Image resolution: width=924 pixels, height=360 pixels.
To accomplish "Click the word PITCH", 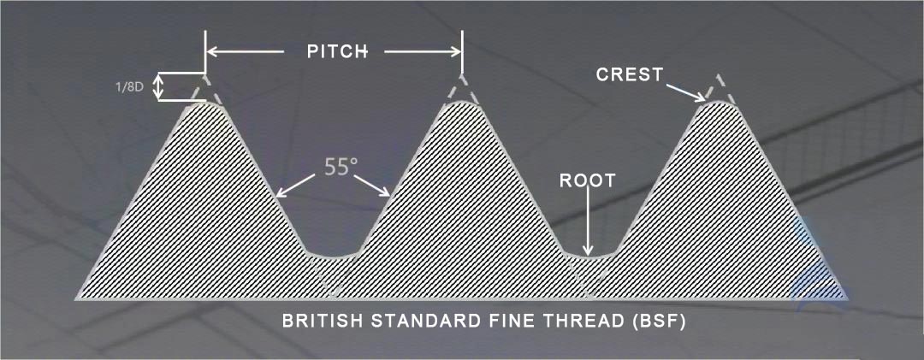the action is [338, 51].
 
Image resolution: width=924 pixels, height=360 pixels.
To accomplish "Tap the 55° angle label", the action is [341, 168].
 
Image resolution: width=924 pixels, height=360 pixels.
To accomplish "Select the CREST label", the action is [630, 75].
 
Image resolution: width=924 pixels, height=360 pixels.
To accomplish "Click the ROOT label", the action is [587, 180].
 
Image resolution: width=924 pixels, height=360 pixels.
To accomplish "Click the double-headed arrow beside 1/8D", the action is [157, 87].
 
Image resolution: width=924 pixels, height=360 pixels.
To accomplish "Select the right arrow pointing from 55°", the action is [371, 185].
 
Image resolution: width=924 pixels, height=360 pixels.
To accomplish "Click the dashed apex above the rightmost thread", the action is [718, 88].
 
